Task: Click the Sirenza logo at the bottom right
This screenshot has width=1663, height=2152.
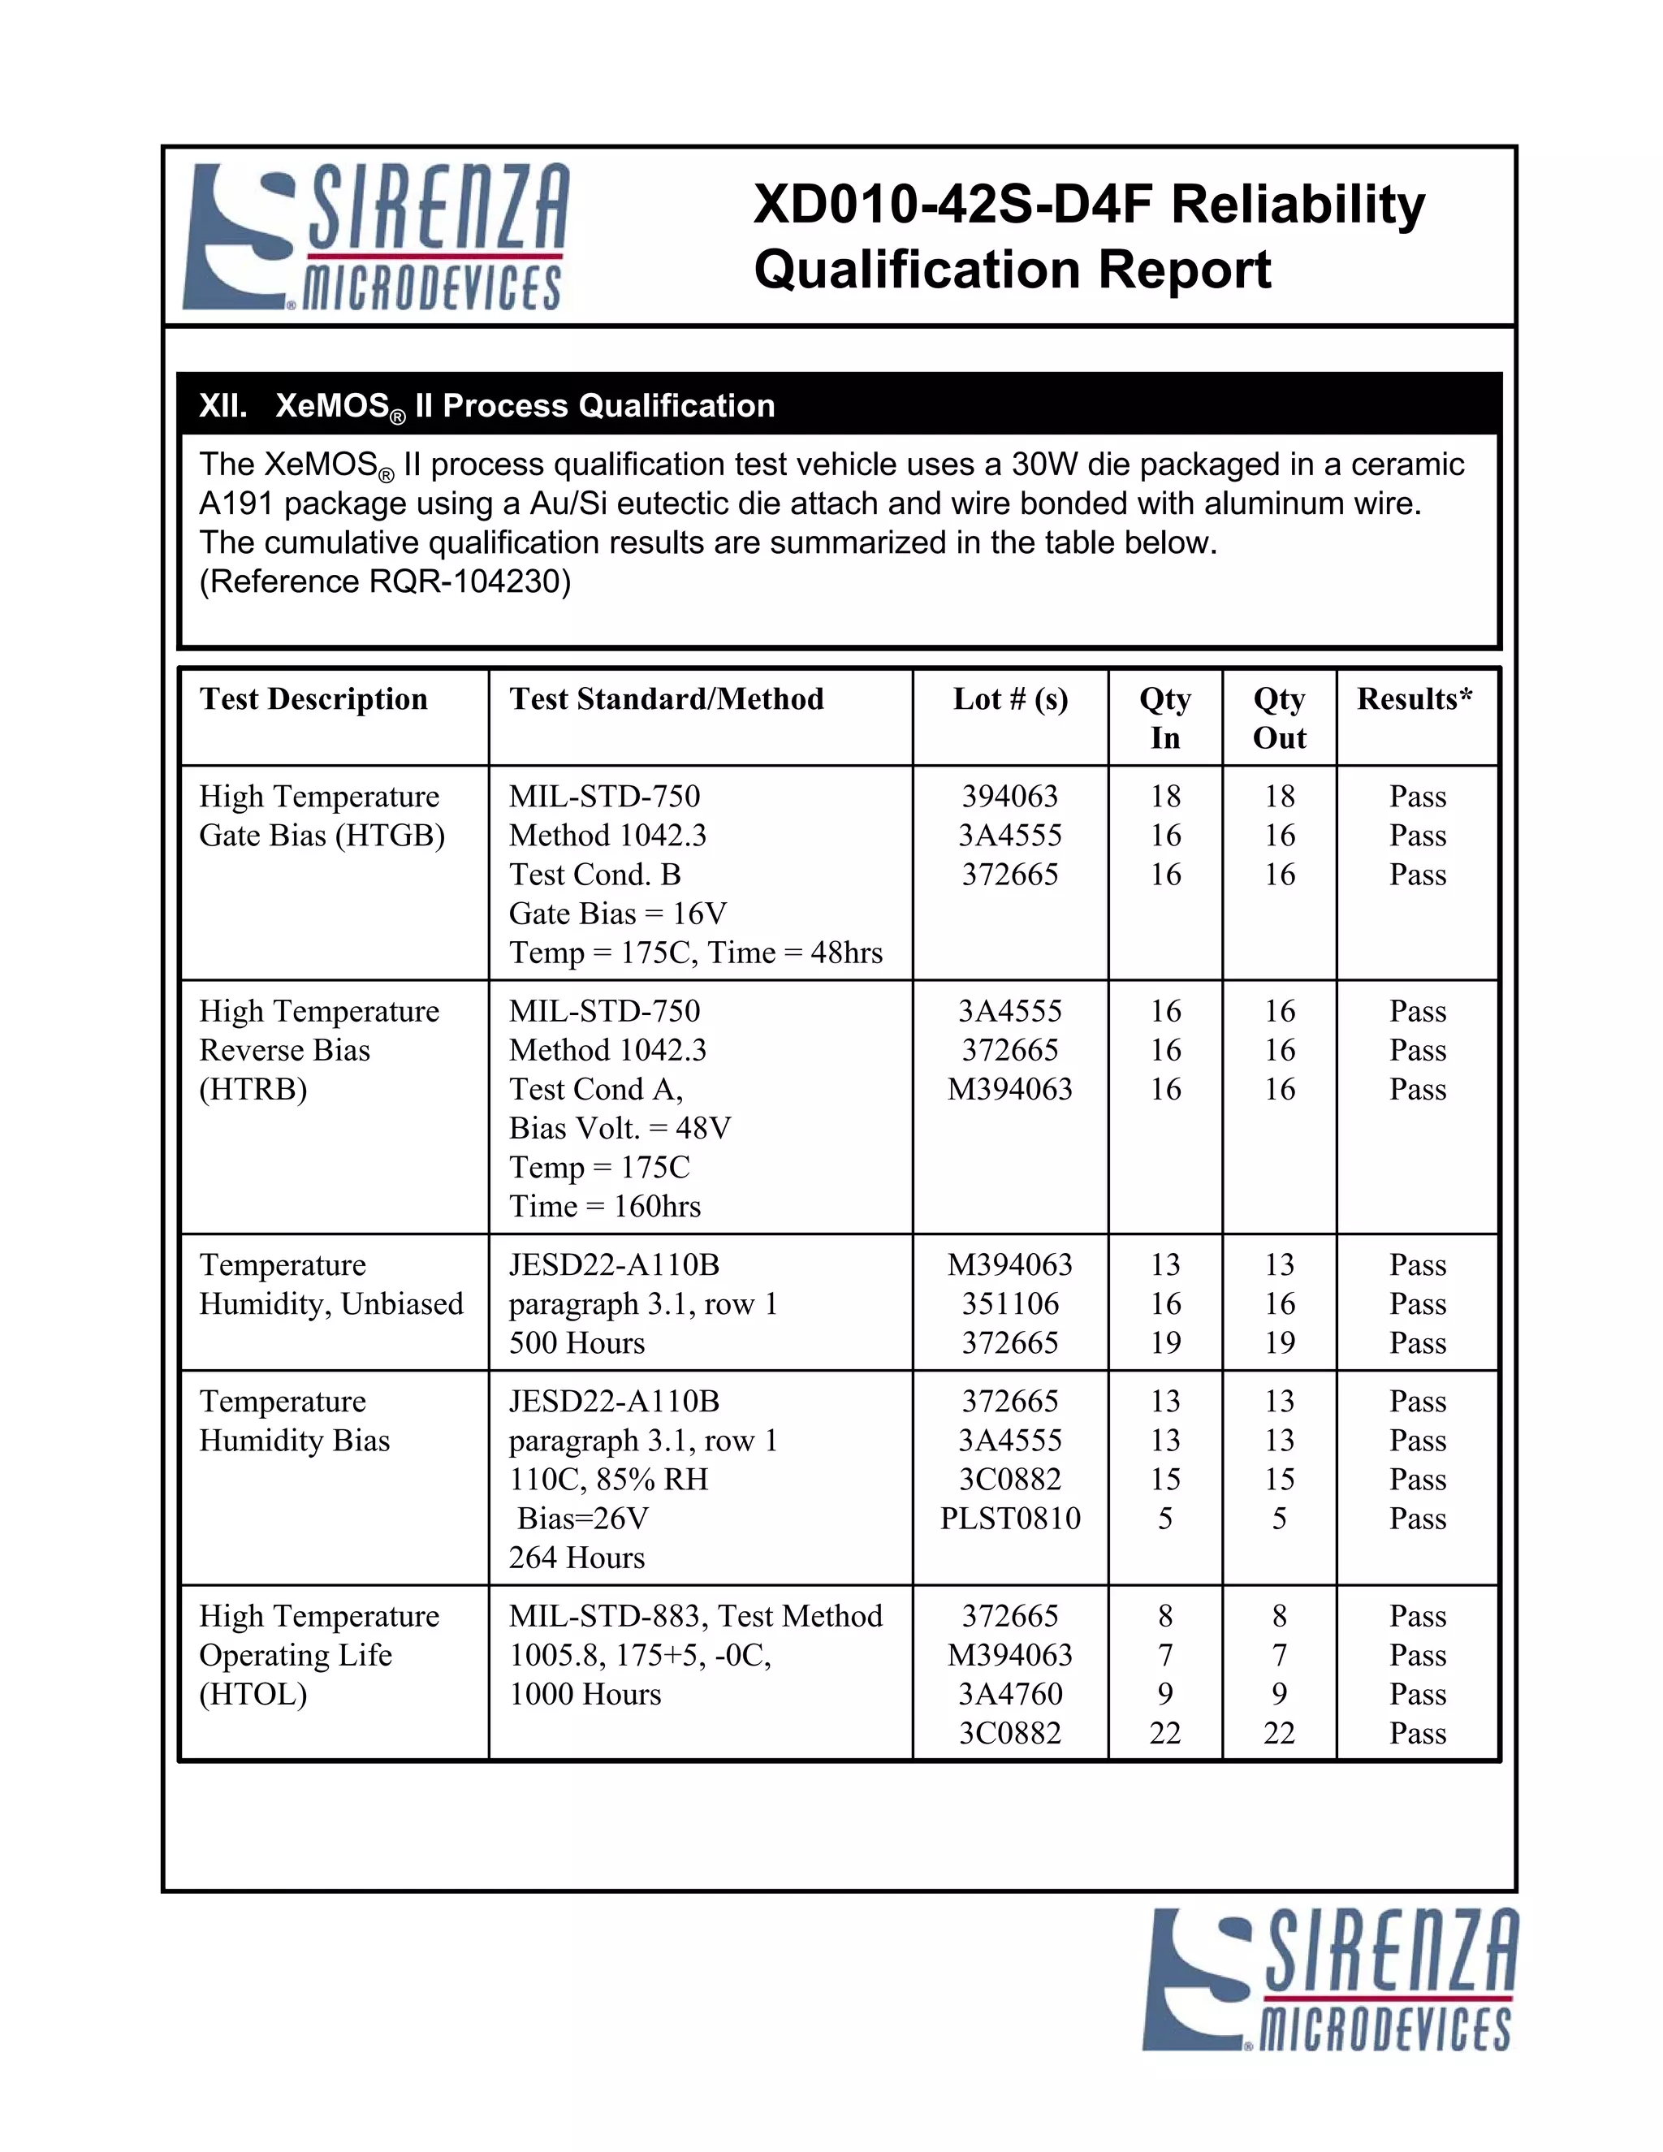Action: (1330, 1980)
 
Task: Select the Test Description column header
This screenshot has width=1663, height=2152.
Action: (313, 698)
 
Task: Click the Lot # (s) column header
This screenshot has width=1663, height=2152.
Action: (1010, 698)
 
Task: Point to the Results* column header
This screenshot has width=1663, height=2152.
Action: (1415, 698)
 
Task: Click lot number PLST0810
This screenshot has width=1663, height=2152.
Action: (1010, 1519)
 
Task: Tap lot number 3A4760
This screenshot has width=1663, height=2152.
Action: (1010, 1694)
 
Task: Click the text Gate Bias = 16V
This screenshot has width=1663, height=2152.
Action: (618, 914)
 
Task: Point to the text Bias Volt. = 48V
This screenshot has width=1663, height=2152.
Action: (620, 1128)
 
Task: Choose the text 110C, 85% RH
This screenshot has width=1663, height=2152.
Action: (608, 1479)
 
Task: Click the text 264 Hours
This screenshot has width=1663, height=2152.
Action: (577, 1558)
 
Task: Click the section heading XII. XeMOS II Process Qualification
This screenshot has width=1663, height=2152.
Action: (486, 406)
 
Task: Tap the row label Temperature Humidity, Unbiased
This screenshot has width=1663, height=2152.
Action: (331, 1284)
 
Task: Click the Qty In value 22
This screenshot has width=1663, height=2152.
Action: (1164, 1733)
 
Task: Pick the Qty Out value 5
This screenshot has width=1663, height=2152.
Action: (1279, 1519)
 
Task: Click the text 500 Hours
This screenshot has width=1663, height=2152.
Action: (577, 1343)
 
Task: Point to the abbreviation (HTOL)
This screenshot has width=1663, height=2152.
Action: (253, 1694)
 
